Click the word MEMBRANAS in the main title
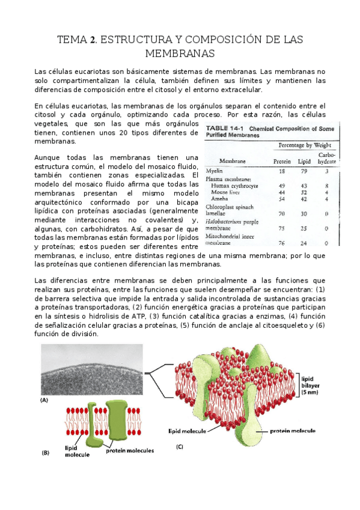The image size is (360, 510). coord(180,54)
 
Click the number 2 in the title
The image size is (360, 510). coord(93,40)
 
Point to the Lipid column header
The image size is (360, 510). coord(305,161)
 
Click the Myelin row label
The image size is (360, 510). coord(214,171)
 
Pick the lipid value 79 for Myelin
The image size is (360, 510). coord(304,171)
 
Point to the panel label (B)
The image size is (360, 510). coord(45,454)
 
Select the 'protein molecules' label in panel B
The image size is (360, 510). coord(130,450)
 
